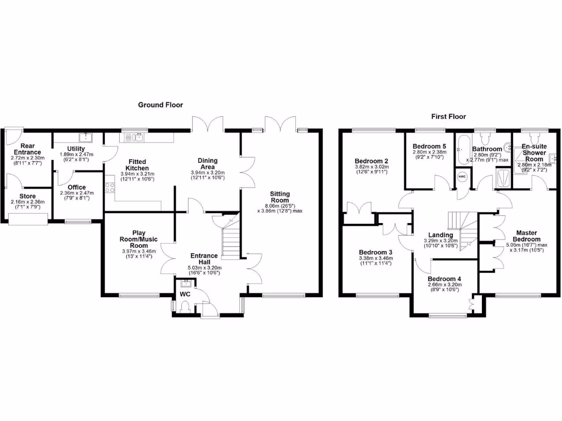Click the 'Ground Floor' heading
point(160,105)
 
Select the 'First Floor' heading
point(448,117)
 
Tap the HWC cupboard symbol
point(462,177)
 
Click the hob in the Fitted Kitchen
point(110,188)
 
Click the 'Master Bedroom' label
point(526,236)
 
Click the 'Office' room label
point(77,187)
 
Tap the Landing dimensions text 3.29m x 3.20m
point(440,241)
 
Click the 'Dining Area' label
point(207,164)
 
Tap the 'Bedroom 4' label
point(445,279)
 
